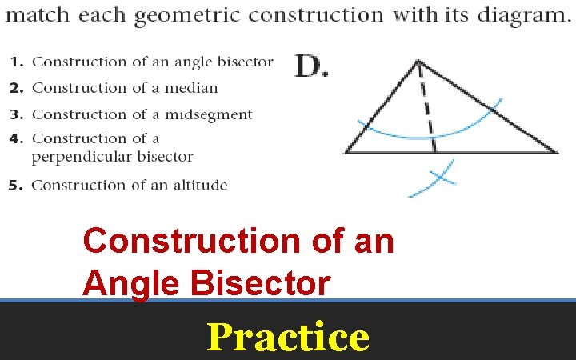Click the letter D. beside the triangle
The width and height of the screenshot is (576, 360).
312,66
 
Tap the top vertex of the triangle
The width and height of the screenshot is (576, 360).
418,60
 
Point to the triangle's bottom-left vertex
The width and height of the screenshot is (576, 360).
346,152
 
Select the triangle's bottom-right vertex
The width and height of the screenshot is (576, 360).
557,152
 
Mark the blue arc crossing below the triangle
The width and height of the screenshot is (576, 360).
438,178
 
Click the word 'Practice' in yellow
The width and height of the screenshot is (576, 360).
288,336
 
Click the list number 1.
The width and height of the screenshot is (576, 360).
15,62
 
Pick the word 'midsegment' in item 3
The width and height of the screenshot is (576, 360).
209,114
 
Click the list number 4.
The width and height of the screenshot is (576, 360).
15,139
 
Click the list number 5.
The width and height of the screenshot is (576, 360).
15,185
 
